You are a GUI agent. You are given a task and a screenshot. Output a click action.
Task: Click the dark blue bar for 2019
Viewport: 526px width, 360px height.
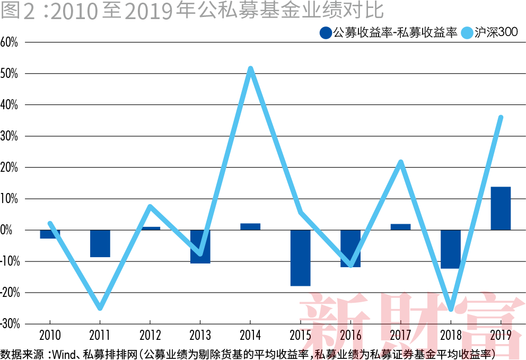(x=501, y=208)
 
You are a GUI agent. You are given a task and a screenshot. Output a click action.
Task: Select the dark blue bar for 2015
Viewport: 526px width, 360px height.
(x=300, y=258)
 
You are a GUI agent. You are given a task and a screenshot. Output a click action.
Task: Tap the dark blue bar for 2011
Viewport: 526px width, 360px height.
(x=100, y=243)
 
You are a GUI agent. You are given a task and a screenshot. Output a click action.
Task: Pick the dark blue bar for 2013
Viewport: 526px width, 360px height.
(x=200, y=247)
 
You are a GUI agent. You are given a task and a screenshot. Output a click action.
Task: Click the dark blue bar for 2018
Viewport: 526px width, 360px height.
(x=451, y=249)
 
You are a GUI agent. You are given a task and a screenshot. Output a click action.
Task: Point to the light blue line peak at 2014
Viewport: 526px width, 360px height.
(x=250, y=69)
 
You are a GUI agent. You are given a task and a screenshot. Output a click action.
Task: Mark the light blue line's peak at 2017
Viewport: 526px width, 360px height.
(x=401, y=162)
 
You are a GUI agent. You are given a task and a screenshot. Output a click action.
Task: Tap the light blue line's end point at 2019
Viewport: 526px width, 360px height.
(x=501, y=118)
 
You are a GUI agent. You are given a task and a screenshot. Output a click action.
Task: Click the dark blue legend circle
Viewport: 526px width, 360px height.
(x=326, y=33)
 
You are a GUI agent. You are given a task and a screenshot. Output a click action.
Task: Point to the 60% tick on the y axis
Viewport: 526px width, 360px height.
(x=10, y=42)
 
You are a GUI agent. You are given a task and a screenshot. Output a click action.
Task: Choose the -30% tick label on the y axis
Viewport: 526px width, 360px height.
(x=10, y=324)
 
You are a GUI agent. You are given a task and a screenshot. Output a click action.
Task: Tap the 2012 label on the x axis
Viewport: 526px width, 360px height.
(x=150, y=335)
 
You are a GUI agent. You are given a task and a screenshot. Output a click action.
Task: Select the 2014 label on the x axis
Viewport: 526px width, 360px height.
(x=250, y=335)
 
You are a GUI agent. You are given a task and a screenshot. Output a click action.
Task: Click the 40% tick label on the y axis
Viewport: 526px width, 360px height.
(x=10, y=105)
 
